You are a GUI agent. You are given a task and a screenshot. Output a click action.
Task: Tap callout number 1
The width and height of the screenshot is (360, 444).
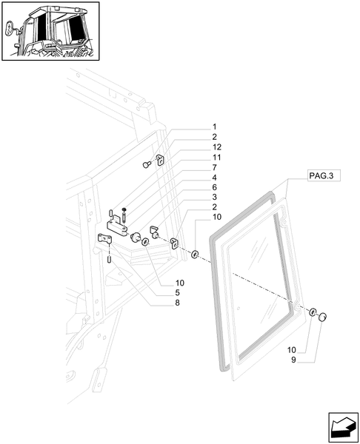(193, 127)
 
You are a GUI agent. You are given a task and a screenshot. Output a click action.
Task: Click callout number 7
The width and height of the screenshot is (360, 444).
(193, 168)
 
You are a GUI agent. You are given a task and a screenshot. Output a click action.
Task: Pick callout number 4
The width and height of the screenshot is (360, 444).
(193, 178)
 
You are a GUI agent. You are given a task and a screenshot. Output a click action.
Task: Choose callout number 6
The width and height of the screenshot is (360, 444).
(193, 189)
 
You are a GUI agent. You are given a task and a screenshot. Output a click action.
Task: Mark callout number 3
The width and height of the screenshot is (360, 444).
(193, 198)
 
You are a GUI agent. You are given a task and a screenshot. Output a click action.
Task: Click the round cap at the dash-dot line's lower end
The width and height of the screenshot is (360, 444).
(323, 317)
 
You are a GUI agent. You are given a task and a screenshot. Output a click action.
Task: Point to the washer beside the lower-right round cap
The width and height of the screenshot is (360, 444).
(313, 312)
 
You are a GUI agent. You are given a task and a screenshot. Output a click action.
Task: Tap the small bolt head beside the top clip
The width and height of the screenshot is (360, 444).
(148, 164)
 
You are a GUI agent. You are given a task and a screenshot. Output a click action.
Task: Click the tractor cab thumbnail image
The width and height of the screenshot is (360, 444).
(50, 32)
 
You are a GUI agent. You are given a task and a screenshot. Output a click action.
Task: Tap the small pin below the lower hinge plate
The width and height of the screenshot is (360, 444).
(110, 258)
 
